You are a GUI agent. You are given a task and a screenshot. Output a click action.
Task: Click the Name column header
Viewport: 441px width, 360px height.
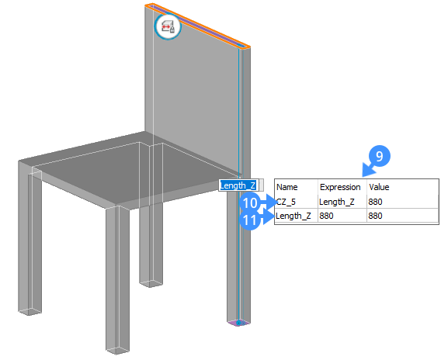[286, 187]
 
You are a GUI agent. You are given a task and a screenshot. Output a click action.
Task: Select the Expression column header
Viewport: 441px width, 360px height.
[340, 187]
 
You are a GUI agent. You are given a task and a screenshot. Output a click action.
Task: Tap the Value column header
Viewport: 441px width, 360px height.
[379, 187]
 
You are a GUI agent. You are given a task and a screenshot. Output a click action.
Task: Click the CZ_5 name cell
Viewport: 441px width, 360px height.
[286, 202]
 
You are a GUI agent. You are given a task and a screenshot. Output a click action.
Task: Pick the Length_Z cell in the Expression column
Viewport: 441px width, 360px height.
[337, 202]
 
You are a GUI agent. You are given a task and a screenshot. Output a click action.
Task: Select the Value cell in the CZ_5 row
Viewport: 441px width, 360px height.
[375, 202]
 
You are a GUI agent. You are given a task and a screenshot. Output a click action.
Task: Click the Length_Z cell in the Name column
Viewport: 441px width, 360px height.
[293, 216]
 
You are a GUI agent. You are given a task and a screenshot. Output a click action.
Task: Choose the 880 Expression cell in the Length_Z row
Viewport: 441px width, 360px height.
[326, 216]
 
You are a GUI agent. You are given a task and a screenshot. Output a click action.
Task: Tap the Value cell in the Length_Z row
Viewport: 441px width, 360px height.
[375, 216]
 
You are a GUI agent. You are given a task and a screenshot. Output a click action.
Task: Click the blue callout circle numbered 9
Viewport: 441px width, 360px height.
[380, 156]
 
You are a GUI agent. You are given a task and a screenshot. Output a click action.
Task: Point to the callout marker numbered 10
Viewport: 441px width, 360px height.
[250, 202]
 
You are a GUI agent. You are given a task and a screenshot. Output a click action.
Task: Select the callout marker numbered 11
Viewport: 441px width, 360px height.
[250, 220]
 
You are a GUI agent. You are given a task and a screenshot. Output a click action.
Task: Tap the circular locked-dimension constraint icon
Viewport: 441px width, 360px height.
[168, 26]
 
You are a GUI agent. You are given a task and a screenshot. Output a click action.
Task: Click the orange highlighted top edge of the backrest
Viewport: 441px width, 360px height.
[197, 26]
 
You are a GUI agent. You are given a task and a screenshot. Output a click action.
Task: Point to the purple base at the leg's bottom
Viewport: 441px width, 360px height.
[238, 323]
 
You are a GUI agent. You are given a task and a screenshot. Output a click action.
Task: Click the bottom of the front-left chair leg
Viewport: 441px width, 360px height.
[30, 311]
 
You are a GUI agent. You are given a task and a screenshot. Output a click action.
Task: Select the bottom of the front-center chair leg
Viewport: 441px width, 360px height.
[118, 350]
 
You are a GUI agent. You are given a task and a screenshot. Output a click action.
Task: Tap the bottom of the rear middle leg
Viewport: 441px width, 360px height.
[151, 283]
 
